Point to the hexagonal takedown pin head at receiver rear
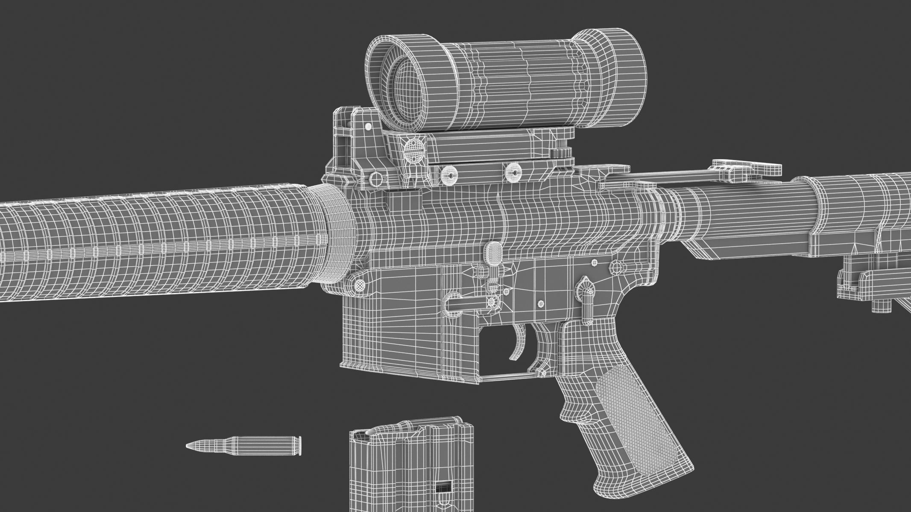[617, 268]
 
